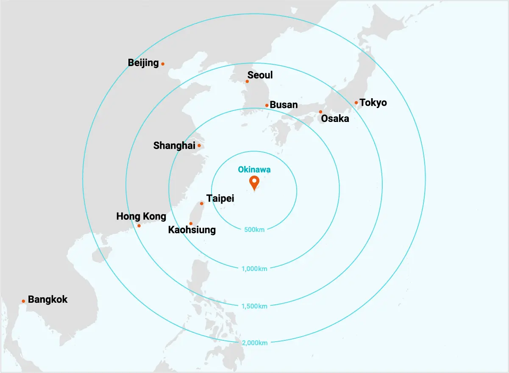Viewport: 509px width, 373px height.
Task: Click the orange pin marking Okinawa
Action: click(254, 182)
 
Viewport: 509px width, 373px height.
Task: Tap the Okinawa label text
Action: click(254, 170)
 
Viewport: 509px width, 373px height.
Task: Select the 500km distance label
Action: click(254, 230)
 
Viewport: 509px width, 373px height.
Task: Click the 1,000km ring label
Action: click(254, 268)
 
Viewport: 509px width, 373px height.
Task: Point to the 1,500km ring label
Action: click(254, 306)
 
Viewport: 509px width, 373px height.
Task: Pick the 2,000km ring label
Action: click(254, 343)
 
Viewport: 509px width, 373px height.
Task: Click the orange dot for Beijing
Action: click(163, 64)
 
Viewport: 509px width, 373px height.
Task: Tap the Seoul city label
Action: click(260, 75)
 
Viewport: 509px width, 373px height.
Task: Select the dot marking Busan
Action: click(267, 105)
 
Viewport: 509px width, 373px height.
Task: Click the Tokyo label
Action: click(373, 102)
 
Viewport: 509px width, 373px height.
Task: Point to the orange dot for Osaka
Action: click(320, 112)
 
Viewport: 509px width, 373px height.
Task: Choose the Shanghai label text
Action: click(174, 146)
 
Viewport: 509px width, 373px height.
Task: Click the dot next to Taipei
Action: click(202, 204)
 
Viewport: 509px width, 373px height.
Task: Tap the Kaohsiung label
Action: click(192, 230)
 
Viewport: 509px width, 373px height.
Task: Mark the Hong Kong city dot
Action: click(139, 226)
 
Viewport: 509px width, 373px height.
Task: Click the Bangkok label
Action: click(47, 300)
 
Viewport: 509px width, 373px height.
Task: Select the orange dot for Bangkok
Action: click(23, 301)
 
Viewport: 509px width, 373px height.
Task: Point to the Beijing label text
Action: click(143, 63)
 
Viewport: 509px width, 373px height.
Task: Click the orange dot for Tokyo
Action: click(356, 102)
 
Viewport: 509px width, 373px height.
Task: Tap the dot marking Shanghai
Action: click(199, 146)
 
